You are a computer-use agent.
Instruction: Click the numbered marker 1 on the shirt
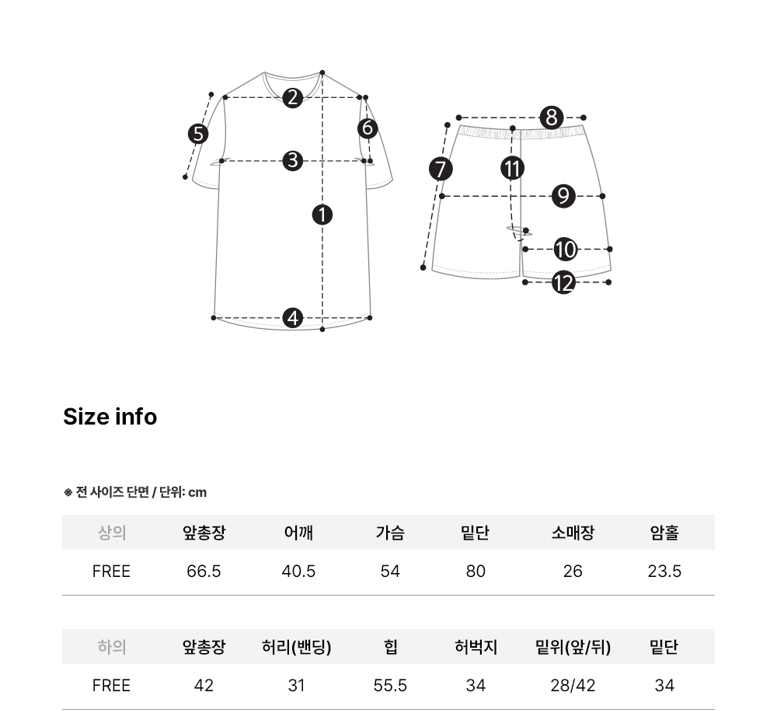(x=322, y=215)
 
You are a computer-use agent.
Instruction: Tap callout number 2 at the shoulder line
(x=292, y=98)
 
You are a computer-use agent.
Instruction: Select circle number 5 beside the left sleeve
(x=198, y=134)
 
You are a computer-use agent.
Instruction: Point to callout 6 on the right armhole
(x=368, y=128)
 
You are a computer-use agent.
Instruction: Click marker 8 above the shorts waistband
(x=552, y=118)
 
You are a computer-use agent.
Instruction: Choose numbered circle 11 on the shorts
(x=512, y=168)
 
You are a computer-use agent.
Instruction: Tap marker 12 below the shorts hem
(x=563, y=283)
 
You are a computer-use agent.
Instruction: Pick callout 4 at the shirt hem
(x=292, y=318)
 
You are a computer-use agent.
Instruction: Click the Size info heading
(x=110, y=417)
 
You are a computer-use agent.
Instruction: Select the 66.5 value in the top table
(x=204, y=571)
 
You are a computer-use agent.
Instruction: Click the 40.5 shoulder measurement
(x=298, y=571)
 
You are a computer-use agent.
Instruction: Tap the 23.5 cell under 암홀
(x=664, y=571)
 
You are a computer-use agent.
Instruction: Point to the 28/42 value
(x=573, y=685)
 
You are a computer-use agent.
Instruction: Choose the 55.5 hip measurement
(x=390, y=685)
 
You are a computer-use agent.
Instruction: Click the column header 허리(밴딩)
(x=296, y=647)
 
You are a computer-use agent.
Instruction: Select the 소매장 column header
(x=573, y=533)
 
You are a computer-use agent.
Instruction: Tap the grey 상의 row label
(x=111, y=533)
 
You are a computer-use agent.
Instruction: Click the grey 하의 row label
(x=111, y=647)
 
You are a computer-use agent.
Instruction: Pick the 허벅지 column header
(x=476, y=647)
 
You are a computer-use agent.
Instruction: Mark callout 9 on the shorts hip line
(x=563, y=197)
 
